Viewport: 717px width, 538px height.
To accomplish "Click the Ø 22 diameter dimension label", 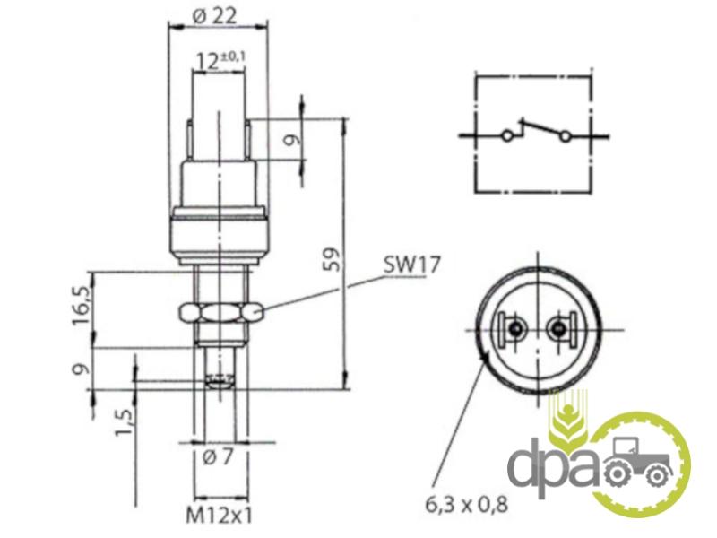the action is click(x=216, y=16).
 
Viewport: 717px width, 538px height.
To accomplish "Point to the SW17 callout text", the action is click(x=411, y=265).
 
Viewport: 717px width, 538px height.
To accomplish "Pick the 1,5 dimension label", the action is click(x=125, y=421).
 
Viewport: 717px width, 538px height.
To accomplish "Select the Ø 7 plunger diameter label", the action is click(x=218, y=457).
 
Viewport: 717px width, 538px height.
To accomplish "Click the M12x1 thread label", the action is click(x=220, y=516).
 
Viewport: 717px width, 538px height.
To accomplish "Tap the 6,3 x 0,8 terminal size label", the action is click(x=466, y=505).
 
